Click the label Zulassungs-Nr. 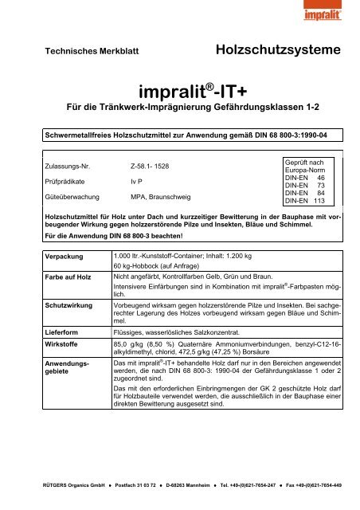coord(68,168)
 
